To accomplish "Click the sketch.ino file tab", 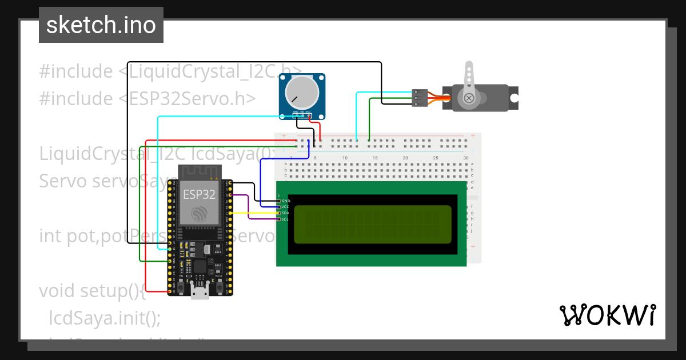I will (x=101, y=25).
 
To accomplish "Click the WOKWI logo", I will (x=607, y=315).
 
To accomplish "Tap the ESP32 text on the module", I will (x=199, y=194).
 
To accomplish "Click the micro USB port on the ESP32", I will (x=200, y=293).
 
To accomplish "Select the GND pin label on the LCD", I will (x=285, y=201).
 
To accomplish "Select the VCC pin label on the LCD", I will (x=285, y=207).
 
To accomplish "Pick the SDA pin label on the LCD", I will (x=285, y=213).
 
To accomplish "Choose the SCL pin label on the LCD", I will (x=285, y=219).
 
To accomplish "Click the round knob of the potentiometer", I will (x=302, y=91).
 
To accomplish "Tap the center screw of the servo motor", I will (x=469, y=98).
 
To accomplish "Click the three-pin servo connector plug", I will (x=420, y=98).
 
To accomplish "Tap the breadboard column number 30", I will (x=466, y=158).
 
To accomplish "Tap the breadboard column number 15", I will (x=375, y=158).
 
